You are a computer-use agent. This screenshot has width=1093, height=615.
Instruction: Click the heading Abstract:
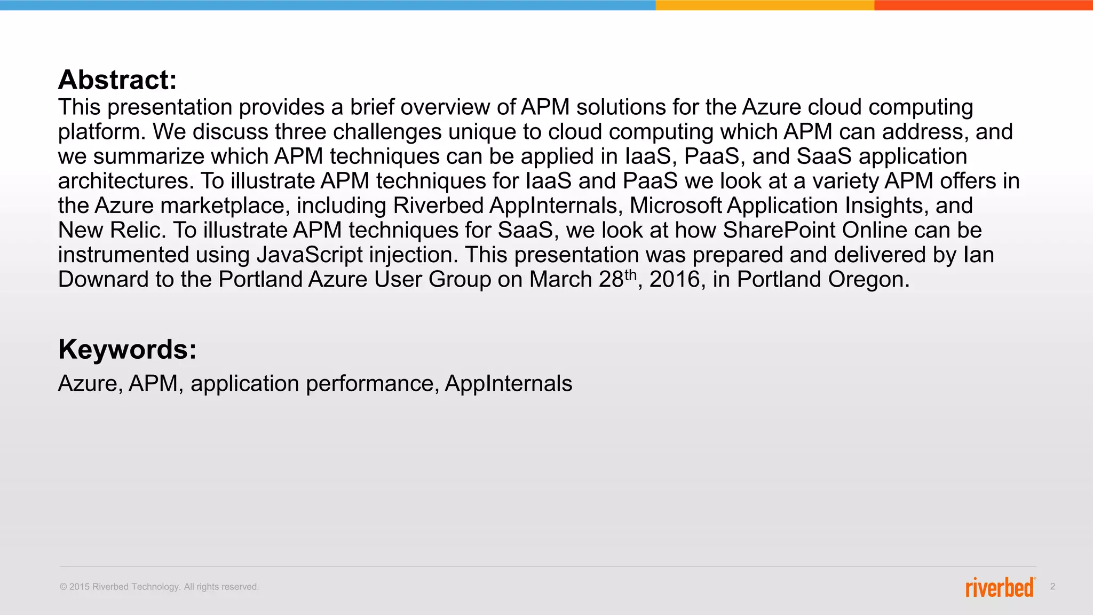pyautogui.click(x=117, y=80)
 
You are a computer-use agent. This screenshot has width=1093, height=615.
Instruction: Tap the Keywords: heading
pyautogui.click(x=127, y=350)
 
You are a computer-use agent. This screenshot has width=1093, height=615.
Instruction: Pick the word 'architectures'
pyautogui.click(x=125, y=181)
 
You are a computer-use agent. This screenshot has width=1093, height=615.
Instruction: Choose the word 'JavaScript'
pyautogui.click(x=310, y=255)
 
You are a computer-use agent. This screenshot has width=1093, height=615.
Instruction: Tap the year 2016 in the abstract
pyautogui.click(x=674, y=280)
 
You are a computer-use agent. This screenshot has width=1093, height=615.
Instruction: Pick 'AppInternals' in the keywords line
pyautogui.click(x=508, y=384)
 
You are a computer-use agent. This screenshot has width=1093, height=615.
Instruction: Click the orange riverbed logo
pyautogui.click(x=1000, y=587)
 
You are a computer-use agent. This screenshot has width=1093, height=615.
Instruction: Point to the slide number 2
pyautogui.click(x=1052, y=587)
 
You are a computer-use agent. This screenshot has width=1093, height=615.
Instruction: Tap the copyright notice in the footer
pyautogui.click(x=159, y=587)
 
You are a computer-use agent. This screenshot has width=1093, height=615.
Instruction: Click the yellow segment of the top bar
pyautogui.click(x=764, y=5)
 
